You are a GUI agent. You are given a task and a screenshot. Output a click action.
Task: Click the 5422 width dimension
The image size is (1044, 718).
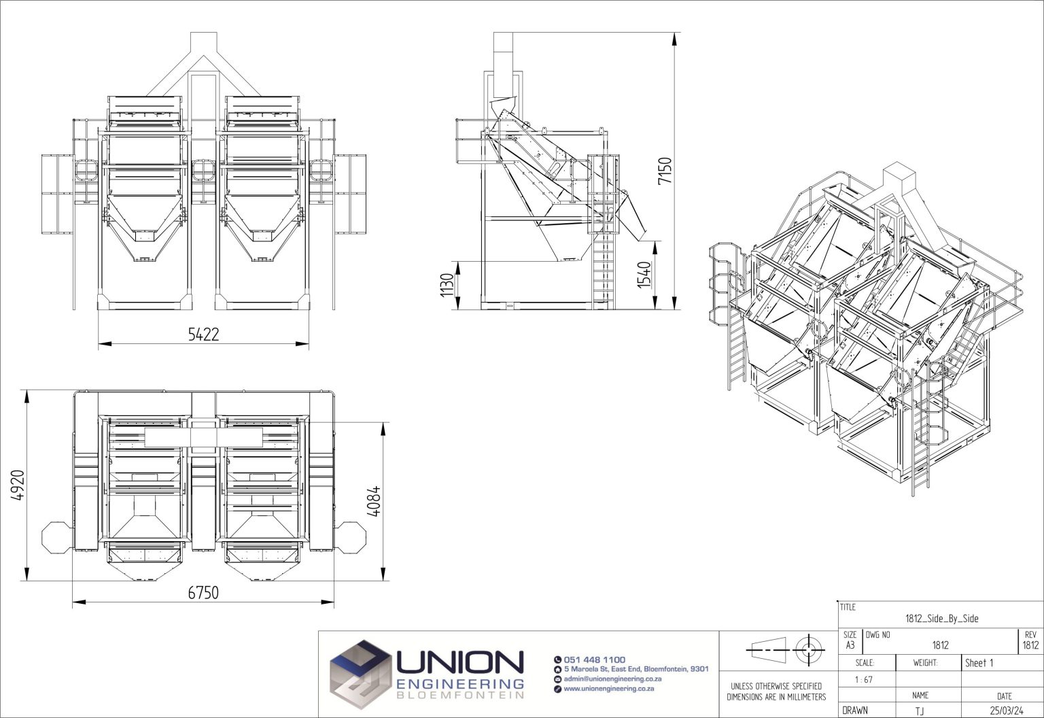[x=203, y=334]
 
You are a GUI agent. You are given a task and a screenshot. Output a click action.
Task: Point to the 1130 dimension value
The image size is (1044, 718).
[x=447, y=286]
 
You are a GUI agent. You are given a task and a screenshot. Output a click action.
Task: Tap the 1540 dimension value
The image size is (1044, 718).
[x=644, y=273]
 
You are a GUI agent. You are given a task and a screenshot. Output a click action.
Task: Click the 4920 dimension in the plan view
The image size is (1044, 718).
[x=18, y=485]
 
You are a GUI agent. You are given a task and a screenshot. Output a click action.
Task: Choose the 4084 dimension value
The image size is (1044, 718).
[x=374, y=501]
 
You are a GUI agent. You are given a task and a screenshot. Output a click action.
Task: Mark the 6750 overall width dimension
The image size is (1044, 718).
[x=203, y=593]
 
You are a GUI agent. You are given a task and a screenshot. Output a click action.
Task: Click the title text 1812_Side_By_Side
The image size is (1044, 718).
[x=941, y=618]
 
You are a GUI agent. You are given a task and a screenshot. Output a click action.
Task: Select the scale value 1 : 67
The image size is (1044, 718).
[x=865, y=679]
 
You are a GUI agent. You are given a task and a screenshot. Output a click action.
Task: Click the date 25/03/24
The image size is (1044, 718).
[x=1006, y=711]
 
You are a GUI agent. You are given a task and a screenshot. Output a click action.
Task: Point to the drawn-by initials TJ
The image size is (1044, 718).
[x=920, y=711]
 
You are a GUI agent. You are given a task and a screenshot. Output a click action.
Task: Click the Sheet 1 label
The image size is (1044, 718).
[x=979, y=663]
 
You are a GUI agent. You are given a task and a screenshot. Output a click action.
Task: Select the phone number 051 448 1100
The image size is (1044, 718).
[x=594, y=660]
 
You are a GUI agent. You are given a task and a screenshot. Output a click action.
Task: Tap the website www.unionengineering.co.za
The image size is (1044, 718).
[x=608, y=689]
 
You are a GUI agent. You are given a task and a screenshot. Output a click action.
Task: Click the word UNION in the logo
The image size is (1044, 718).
[x=459, y=662]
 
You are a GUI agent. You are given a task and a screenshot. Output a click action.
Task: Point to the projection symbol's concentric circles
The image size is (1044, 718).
[x=807, y=649]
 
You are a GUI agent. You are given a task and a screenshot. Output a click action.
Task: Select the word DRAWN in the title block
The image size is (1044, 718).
[x=855, y=711]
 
